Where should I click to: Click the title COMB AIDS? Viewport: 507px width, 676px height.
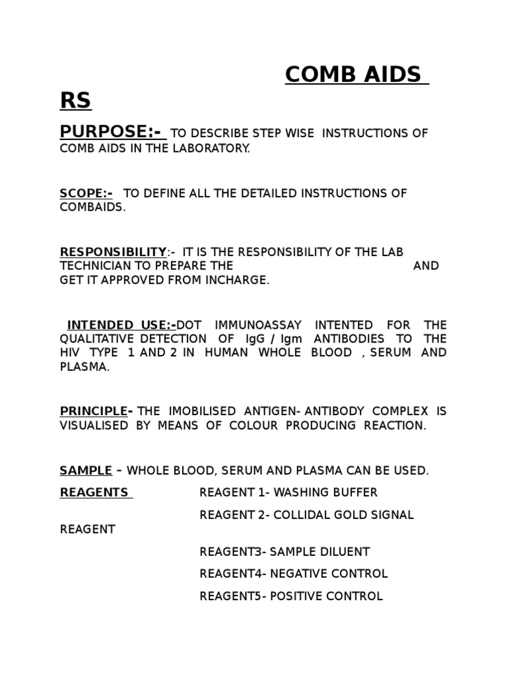353,75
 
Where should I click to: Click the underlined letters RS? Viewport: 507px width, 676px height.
75,101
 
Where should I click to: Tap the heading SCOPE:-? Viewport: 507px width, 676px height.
86,193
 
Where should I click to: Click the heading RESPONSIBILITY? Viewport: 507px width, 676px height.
113,252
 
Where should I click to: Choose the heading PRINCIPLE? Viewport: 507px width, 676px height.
94,411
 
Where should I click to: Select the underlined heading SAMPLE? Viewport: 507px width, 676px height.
86,471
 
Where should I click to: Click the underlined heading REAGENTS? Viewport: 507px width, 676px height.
95,492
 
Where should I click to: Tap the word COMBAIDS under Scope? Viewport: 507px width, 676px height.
92,207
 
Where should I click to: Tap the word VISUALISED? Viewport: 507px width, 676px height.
94,425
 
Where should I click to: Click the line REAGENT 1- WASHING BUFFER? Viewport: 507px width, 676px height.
288,492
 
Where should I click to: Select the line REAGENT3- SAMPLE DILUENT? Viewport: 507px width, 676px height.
285,551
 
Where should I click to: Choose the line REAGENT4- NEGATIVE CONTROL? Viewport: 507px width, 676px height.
294,574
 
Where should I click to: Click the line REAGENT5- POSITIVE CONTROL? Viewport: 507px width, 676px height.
291,596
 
